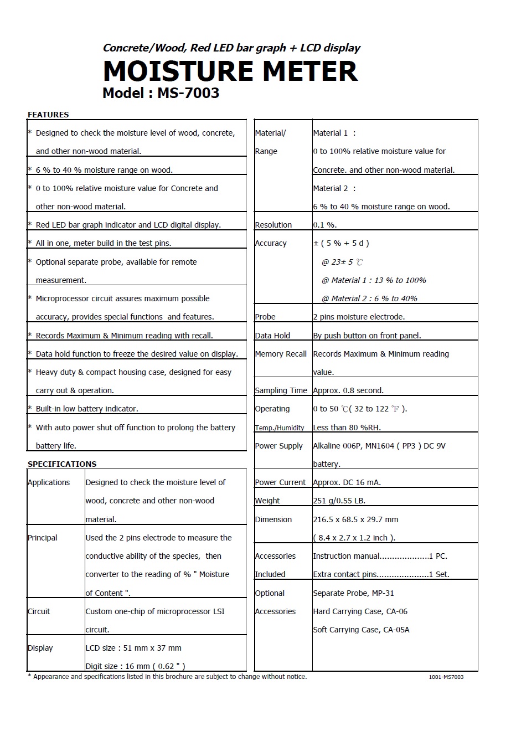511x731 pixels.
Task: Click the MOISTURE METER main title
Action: tap(230, 71)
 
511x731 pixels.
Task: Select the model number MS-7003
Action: tap(188, 93)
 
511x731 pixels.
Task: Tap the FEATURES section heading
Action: tap(48, 115)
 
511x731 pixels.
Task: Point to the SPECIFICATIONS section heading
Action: tap(62, 464)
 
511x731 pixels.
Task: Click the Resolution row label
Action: tap(273, 225)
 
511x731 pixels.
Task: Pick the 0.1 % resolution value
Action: tap(325, 225)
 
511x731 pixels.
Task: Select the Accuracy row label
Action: tap(271, 243)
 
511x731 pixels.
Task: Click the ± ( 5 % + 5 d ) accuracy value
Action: tap(341, 243)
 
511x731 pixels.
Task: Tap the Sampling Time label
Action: tap(281, 390)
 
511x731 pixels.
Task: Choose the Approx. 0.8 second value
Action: tap(348, 390)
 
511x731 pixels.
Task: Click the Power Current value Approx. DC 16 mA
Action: tap(347, 482)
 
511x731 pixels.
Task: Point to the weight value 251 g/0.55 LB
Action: tap(339, 501)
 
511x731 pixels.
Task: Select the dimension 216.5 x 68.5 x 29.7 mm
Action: tap(355, 519)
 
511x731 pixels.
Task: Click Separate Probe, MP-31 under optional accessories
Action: tap(353, 593)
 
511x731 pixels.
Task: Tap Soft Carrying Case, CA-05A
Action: tap(361, 630)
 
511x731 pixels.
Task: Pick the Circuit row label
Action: tap(39, 611)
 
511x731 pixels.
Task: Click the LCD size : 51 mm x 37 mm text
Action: tap(133, 648)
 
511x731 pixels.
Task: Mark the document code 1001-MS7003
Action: tap(446, 677)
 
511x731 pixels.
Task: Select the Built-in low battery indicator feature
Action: tap(87, 409)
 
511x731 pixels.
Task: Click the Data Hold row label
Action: tap(272, 336)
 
